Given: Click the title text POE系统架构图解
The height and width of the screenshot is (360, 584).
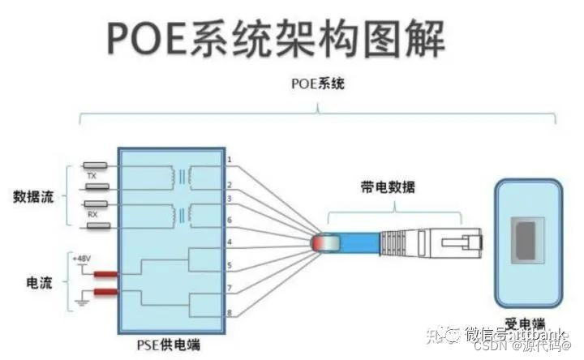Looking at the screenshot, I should point(275,38).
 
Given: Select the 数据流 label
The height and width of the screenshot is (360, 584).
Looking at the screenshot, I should point(32,197).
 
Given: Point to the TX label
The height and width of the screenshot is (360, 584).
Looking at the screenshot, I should point(92,175).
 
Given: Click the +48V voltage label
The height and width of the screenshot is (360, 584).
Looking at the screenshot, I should point(82,257).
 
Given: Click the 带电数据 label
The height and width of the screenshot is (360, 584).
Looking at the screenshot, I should point(388,187).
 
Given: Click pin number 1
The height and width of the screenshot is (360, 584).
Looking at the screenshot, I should point(230,160).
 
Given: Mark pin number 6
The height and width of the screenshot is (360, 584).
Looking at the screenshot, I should point(230,219).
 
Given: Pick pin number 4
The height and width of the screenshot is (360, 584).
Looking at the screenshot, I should point(230,242).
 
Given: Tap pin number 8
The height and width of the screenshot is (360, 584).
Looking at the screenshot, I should point(230,312).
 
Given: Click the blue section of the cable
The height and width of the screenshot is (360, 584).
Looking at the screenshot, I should point(357,242).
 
